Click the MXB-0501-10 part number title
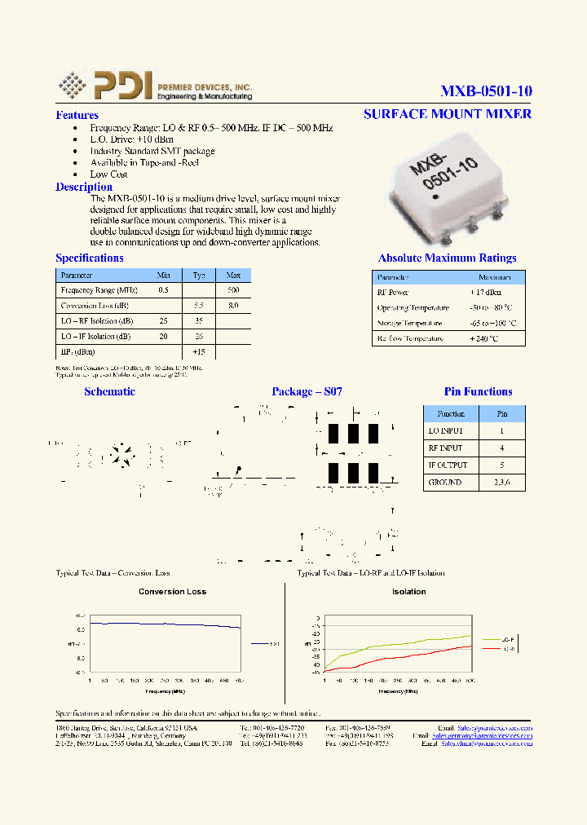click(x=486, y=91)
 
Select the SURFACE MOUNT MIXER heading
click(x=448, y=113)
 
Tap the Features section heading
click(x=77, y=116)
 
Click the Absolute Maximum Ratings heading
click(x=447, y=258)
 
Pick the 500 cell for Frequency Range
click(x=233, y=290)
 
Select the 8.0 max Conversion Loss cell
click(x=233, y=306)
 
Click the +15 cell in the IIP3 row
click(x=199, y=351)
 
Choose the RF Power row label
click(x=393, y=292)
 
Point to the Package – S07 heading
click(x=307, y=392)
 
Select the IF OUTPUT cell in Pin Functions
click(x=448, y=465)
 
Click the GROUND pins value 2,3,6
click(x=502, y=483)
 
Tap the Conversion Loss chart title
click(x=173, y=592)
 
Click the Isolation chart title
click(x=408, y=592)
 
